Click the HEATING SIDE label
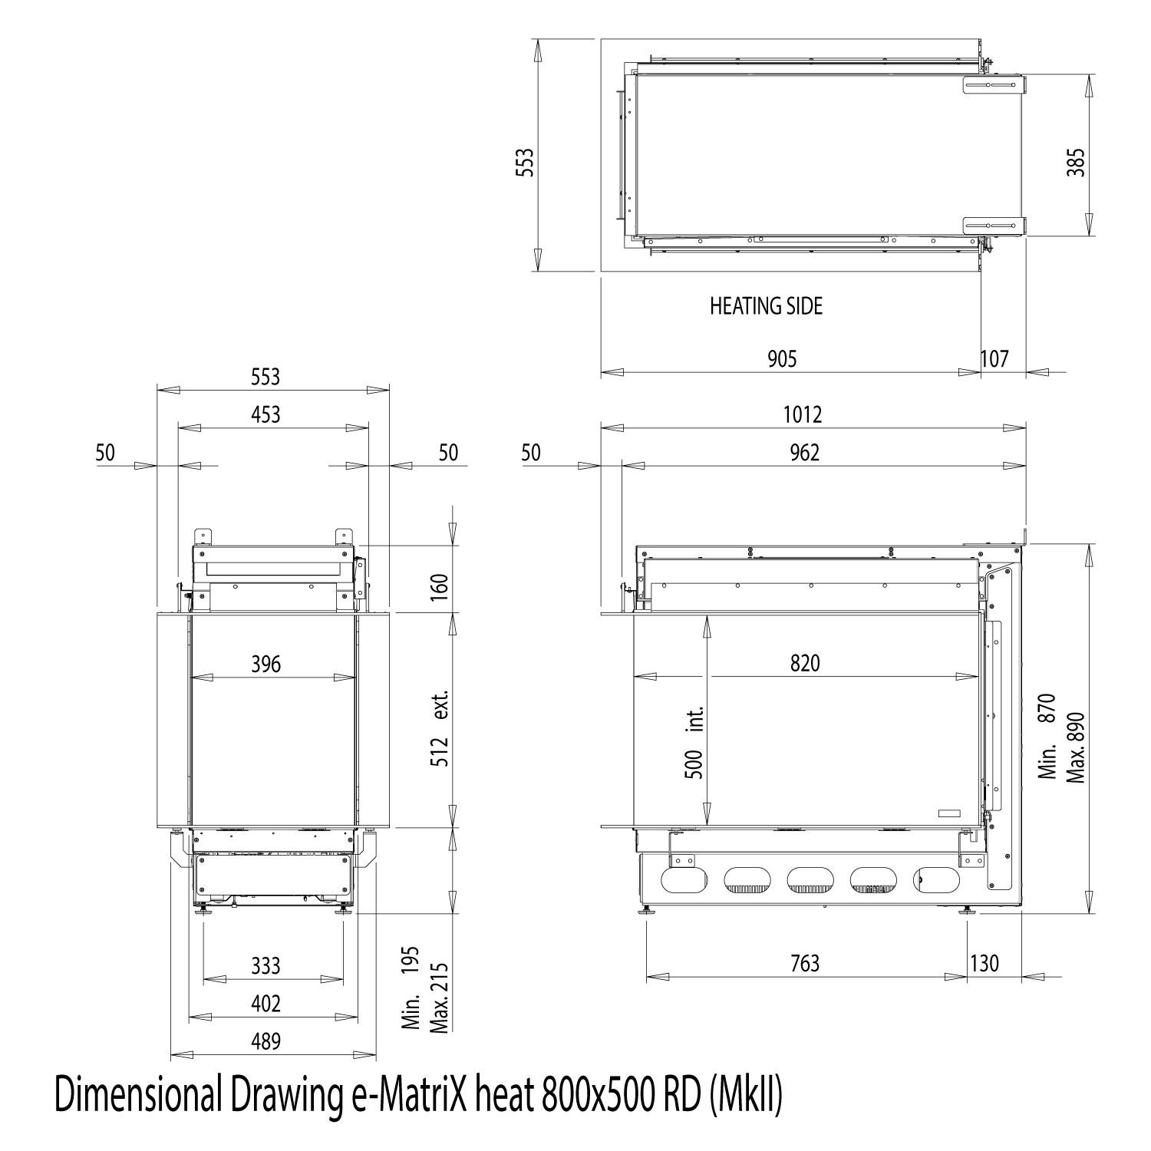766,306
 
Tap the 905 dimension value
782,358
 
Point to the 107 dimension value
994,358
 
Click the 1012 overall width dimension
803,414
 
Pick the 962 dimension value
804,453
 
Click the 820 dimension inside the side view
805,663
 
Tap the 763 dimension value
805,963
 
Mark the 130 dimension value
984,963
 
